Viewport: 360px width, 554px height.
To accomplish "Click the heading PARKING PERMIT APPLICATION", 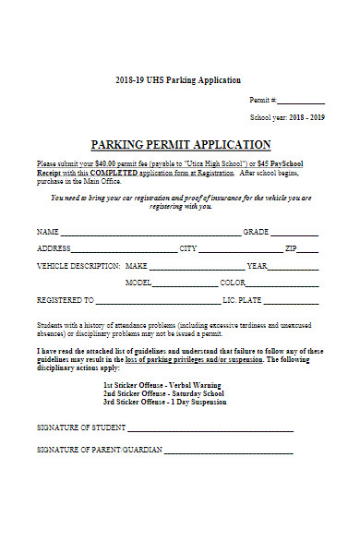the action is coord(180,145).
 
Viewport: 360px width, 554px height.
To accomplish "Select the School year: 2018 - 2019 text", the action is coord(287,118).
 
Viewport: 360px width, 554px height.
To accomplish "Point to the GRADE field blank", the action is coord(294,234).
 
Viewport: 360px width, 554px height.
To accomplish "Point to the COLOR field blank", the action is coord(282,284).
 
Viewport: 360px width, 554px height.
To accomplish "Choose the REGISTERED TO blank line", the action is coord(158,303).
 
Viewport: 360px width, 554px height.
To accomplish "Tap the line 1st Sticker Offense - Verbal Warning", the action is coord(159,385).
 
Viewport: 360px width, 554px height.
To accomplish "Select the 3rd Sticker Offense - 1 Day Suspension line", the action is coord(163,403).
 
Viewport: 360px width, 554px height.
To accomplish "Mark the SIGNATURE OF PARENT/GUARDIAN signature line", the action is coord(228,452).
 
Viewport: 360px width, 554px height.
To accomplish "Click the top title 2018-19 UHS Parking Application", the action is coord(180,80).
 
